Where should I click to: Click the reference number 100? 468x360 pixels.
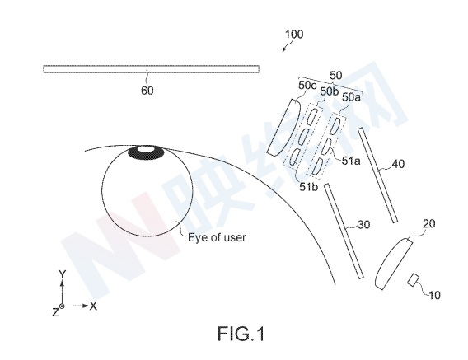pyautogui.click(x=294, y=35)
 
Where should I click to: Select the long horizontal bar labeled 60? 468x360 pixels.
pyautogui.click(x=151, y=69)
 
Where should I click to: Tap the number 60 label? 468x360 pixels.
pyautogui.click(x=147, y=91)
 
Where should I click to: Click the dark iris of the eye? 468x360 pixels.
pyautogui.click(x=147, y=152)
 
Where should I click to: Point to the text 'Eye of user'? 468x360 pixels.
pyautogui.click(x=217, y=237)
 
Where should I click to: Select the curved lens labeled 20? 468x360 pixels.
pyautogui.click(x=393, y=263)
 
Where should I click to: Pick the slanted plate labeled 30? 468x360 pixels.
pyautogui.click(x=344, y=231)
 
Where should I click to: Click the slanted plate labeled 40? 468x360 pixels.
pyautogui.click(x=378, y=175)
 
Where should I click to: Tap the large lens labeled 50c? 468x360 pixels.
pyautogui.click(x=283, y=128)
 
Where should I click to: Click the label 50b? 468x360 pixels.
pyautogui.click(x=330, y=92)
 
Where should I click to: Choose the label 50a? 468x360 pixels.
pyautogui.click(x=351, y=97)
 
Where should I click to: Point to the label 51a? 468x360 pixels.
pyautogui.click(x=351, y=161)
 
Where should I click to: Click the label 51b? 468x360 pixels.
pyautogui.click(x=309, y=187)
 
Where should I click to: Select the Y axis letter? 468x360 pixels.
pyautogui.click(x=62, y=274)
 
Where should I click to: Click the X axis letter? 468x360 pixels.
pyautogui.click(x=93, y=306)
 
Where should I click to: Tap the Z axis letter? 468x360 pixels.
pyautogui.click(x=55, y=312)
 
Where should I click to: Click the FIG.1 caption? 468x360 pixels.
pyautogui.click(x=241, y=334)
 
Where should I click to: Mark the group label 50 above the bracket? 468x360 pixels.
pyautogui.click(x=336, y=76)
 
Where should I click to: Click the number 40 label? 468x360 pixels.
pyautogui.click(x=398, y=164)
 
